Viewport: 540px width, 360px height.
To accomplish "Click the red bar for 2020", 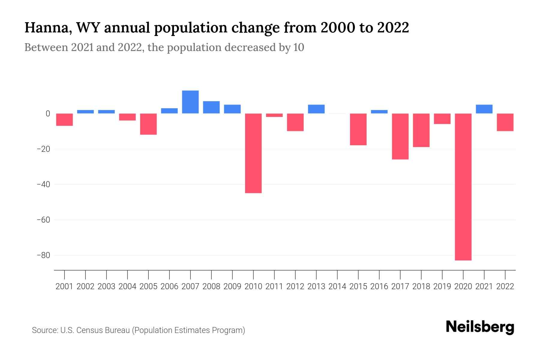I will click(463, 187).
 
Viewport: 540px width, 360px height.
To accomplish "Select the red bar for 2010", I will click(253, 153).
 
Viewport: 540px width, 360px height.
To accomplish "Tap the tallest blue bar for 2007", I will click(190, 102).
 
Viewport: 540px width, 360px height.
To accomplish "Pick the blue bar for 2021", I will click(484, 109).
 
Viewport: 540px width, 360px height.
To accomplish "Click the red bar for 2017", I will click(400, 136).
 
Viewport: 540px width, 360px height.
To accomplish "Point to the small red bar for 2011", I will click(274, 115).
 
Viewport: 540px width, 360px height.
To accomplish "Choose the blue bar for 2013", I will click(316, 109).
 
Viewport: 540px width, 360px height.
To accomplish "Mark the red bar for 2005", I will click(148, 124).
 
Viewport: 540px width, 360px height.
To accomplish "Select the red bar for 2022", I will click(505, 122).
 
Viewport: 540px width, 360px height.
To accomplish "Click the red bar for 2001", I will click(64, 119).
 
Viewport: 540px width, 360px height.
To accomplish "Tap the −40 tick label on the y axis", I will click(43, 184).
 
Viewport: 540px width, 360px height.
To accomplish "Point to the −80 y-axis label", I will click(43, 255).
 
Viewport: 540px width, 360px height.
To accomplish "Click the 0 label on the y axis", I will click(48, 114).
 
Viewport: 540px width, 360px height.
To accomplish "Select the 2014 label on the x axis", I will click(337, 286).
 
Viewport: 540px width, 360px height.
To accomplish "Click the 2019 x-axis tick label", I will click(442, 286).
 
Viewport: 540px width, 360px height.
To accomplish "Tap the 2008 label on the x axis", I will click(211, 286).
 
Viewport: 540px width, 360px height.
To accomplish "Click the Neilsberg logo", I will click(480, 327).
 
